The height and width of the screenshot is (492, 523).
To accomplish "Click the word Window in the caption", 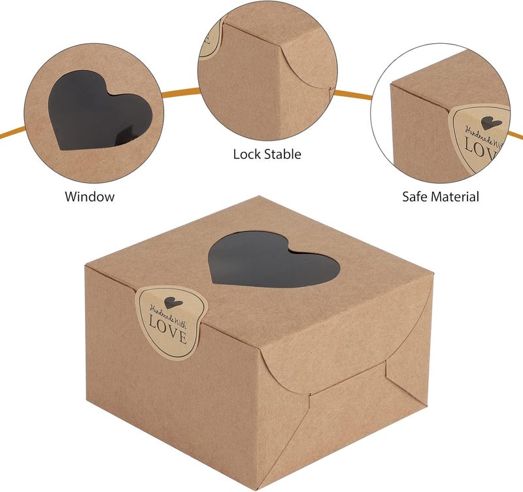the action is [x=90, y=196].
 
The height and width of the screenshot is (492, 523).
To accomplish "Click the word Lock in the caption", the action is [x=247, y=154].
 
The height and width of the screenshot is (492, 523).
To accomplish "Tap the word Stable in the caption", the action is [x=283, y=154].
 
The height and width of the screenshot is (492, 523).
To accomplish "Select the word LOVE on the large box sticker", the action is [x=167, y=330].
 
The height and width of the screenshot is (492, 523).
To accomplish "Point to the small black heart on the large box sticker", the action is [x=173, y=302].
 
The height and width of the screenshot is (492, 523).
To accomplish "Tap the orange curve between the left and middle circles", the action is [x=181, y=92].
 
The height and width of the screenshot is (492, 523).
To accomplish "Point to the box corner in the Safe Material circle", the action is [x=391, y=85].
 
